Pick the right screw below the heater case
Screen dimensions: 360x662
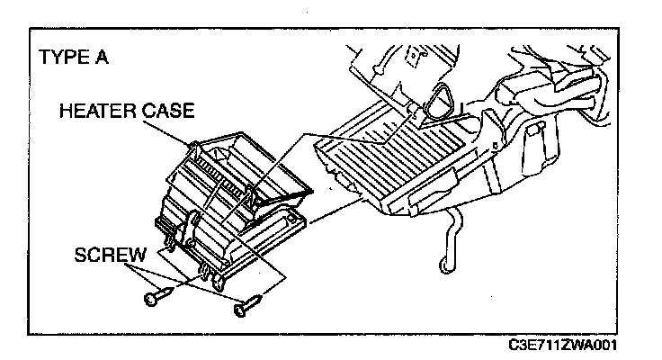[x=246, y=305]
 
